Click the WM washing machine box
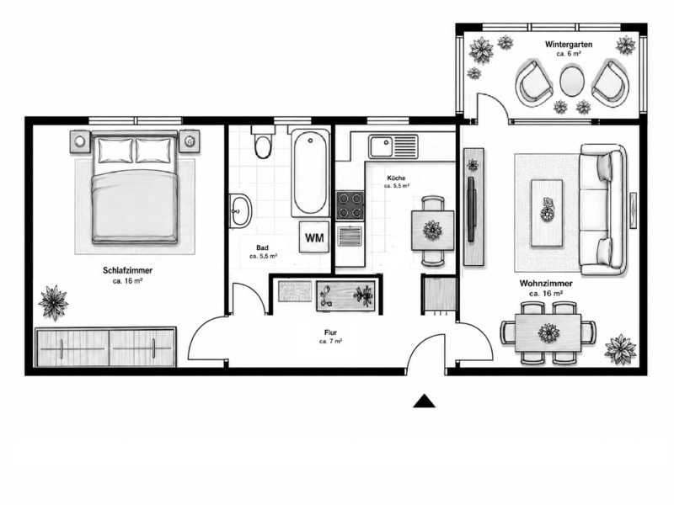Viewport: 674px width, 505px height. click(314, 237)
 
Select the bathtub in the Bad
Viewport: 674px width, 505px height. click(309, 172)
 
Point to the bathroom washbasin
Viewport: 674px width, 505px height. click(240, 210)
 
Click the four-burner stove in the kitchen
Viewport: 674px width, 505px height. click(350, 205)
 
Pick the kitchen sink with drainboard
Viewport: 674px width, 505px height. click(393, 146)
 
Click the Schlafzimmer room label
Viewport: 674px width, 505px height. click(128, 270)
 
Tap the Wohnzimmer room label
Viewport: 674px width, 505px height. click(546, 284)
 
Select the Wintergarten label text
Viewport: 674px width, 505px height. click(569, 45)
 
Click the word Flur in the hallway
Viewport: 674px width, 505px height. click(330, 332)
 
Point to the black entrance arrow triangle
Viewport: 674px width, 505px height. click(425, 401)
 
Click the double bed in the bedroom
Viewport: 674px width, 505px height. click(135, 187)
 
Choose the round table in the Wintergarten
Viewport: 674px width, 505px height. click(572, 81)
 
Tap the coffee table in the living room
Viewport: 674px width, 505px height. click(547, 213)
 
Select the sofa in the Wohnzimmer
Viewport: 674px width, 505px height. click(602, 210)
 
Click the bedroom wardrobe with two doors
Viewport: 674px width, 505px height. click(106, 347)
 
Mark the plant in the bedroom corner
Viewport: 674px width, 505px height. click(53, 302)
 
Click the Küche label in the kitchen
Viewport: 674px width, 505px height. click(396, 178)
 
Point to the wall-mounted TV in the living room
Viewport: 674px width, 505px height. click(472, 209)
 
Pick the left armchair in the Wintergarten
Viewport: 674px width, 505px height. click(533, 82)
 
